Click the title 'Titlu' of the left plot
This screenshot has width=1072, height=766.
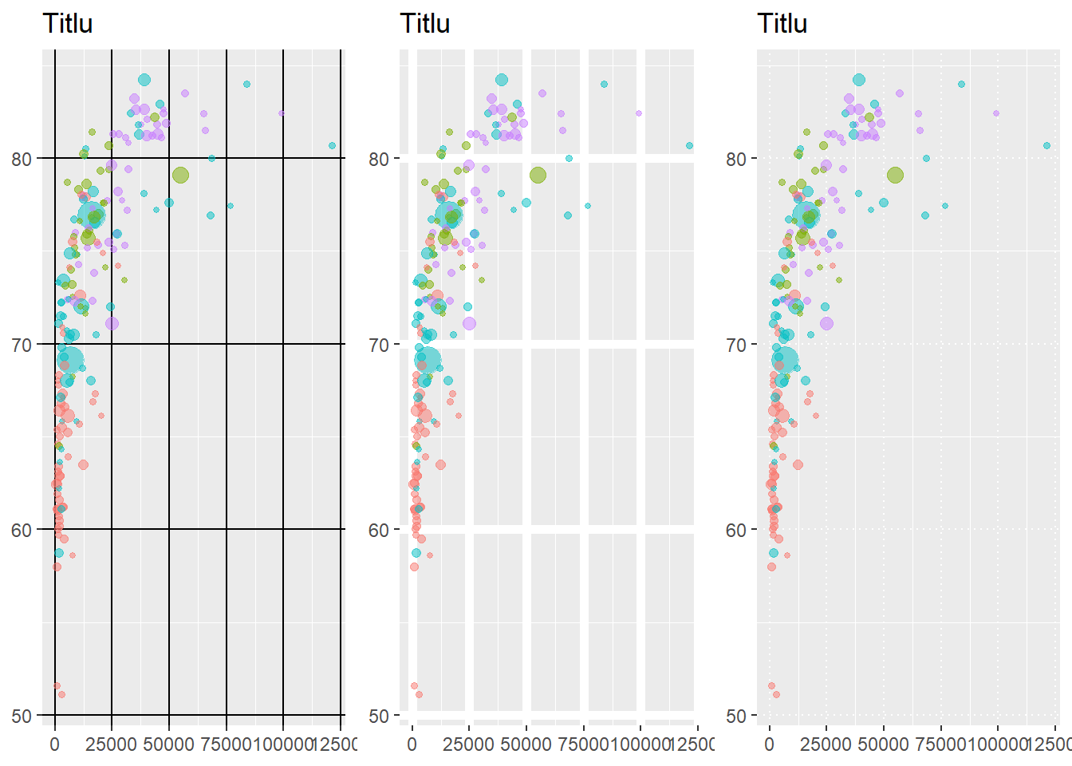(x=68, y=24)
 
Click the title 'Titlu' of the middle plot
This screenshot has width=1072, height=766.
(x=425, y=24)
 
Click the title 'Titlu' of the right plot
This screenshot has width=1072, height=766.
(x=782, y=24)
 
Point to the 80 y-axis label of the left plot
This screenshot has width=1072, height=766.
(x=22, y=159)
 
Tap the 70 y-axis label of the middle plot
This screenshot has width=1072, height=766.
(x=380, y=345)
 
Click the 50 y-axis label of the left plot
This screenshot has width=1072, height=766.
(x=22, y=716)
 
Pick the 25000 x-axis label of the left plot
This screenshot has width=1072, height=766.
(x=112, y=744)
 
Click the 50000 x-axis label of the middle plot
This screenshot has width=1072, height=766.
(x=526, y=744)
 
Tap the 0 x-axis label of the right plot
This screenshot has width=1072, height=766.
(x=769, y=744)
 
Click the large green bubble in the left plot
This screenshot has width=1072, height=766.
(x=180, y=176)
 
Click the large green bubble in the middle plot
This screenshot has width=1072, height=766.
(x=538, y=176)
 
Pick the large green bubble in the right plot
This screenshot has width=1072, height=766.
(x=895, y=176)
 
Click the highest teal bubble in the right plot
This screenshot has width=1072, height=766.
(x=859, y=80)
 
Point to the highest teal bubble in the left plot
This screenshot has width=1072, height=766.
(x=144, y=80)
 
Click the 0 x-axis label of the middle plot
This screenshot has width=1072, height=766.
(x=412, y=744)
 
